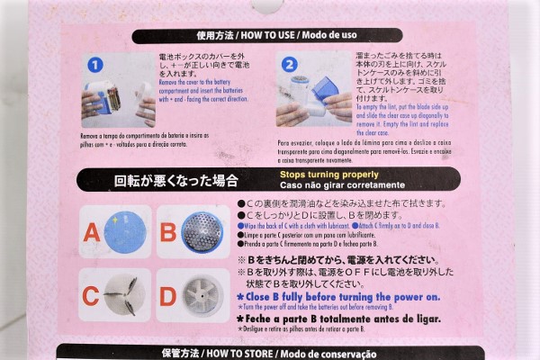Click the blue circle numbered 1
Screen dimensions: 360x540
point(98,66)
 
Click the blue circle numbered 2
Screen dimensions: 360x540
point(289,66)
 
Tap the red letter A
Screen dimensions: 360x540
point(91,234)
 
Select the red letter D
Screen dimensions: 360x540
point(167,298)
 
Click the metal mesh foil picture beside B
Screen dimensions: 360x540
point(202,231)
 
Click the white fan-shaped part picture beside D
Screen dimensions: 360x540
point(202,298)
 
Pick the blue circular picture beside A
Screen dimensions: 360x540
point(123,231)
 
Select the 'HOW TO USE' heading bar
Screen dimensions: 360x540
point(269,37)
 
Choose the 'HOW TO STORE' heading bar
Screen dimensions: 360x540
point(269,353)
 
